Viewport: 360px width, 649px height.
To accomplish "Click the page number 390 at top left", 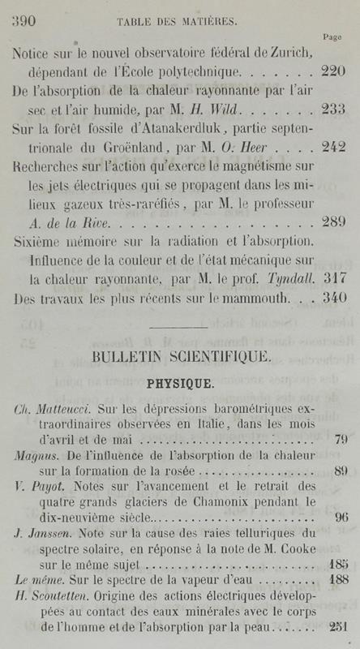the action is (26, 22).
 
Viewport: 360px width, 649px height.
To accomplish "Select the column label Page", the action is (332, 37).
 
